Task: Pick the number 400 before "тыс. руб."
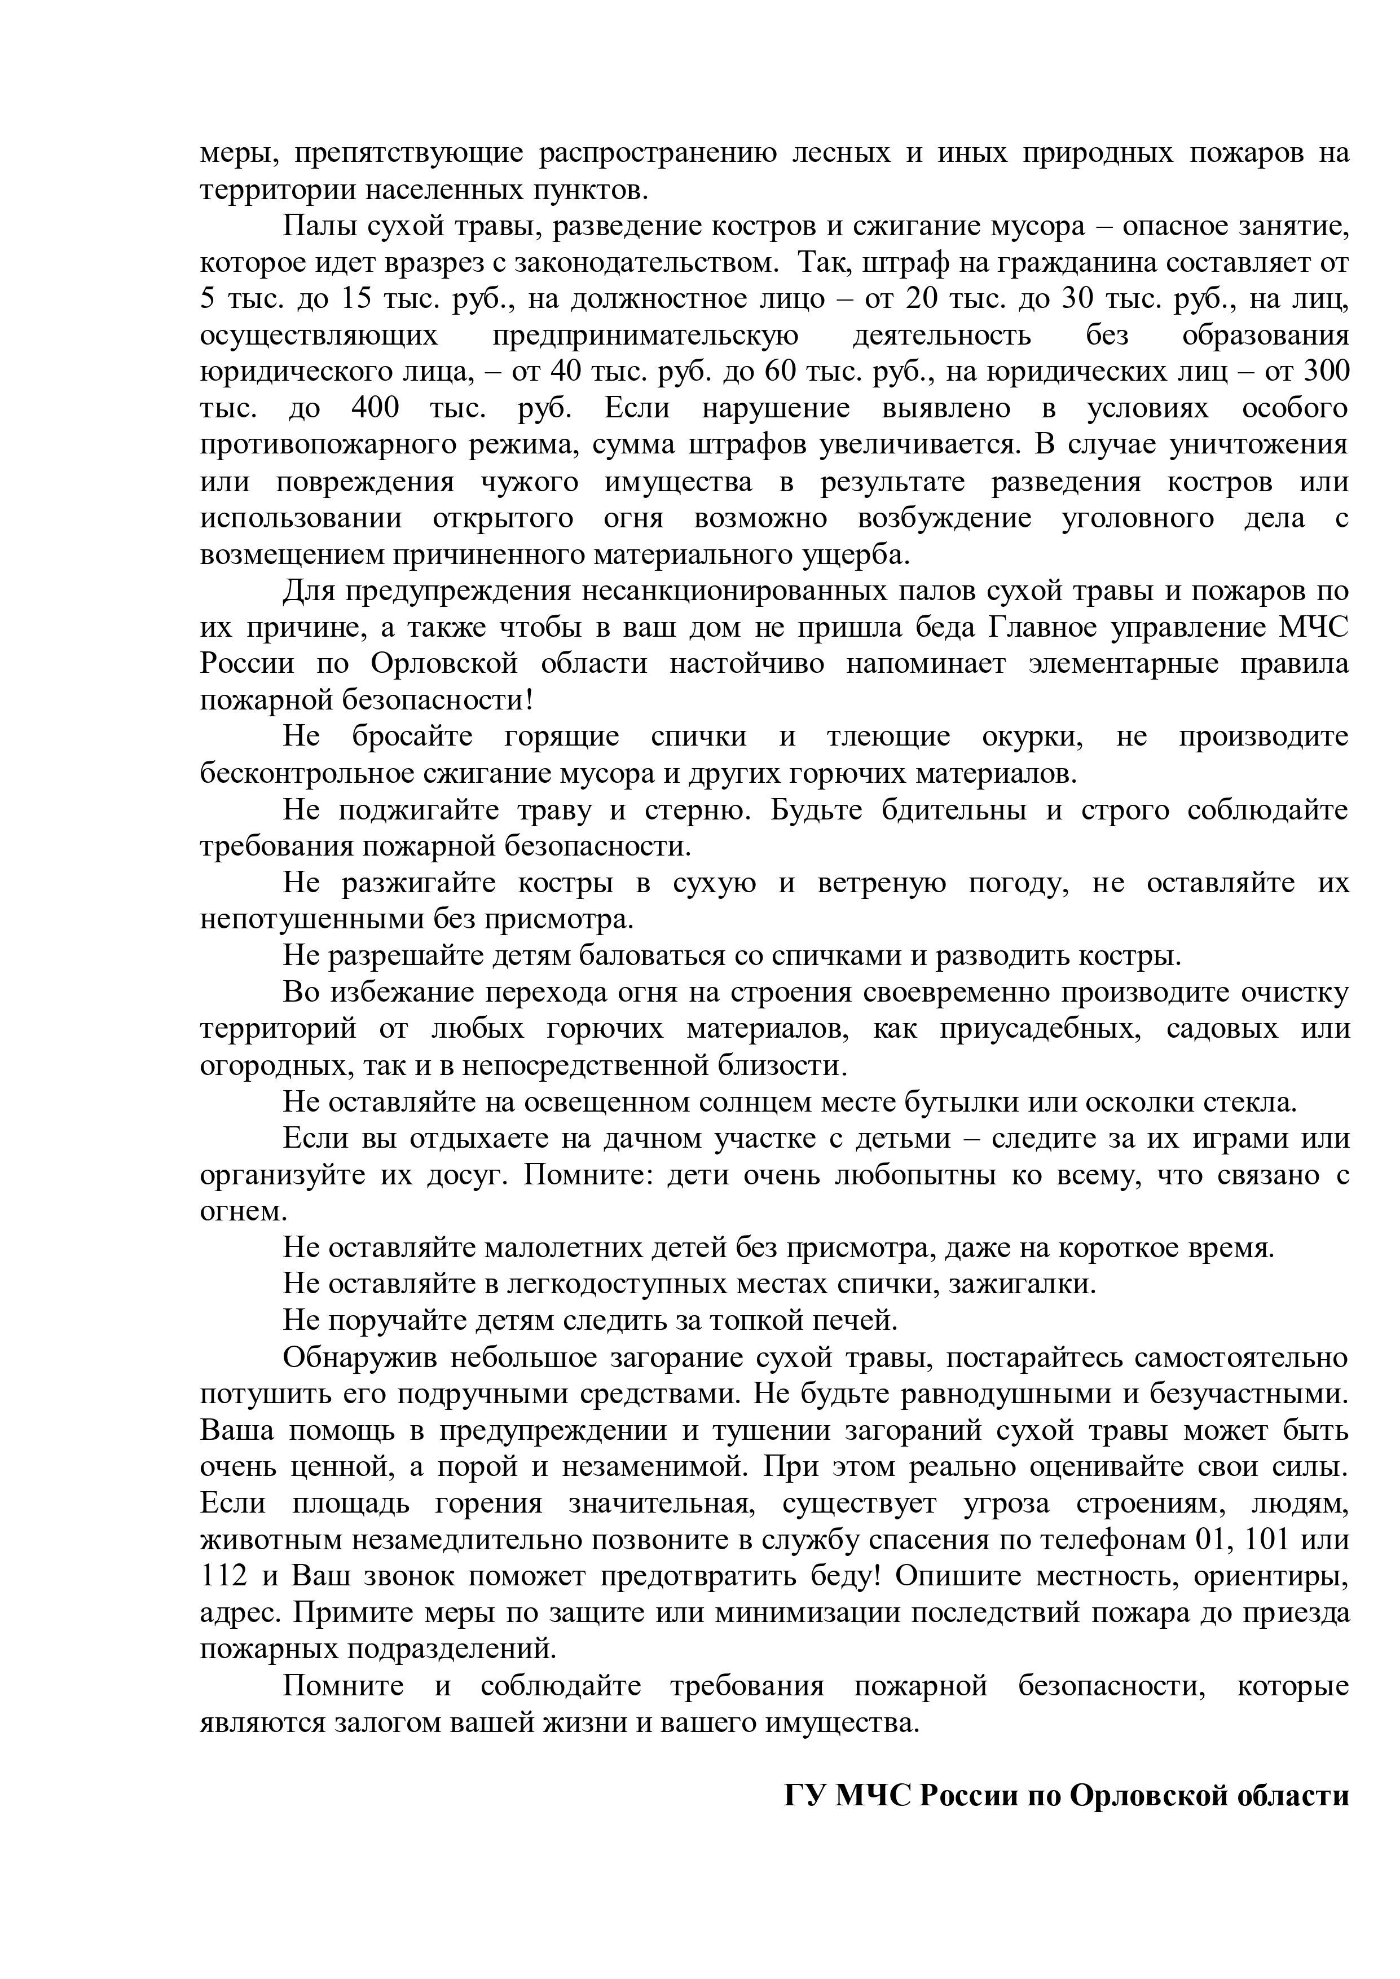pyautogui.click(x=375, y=408)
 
